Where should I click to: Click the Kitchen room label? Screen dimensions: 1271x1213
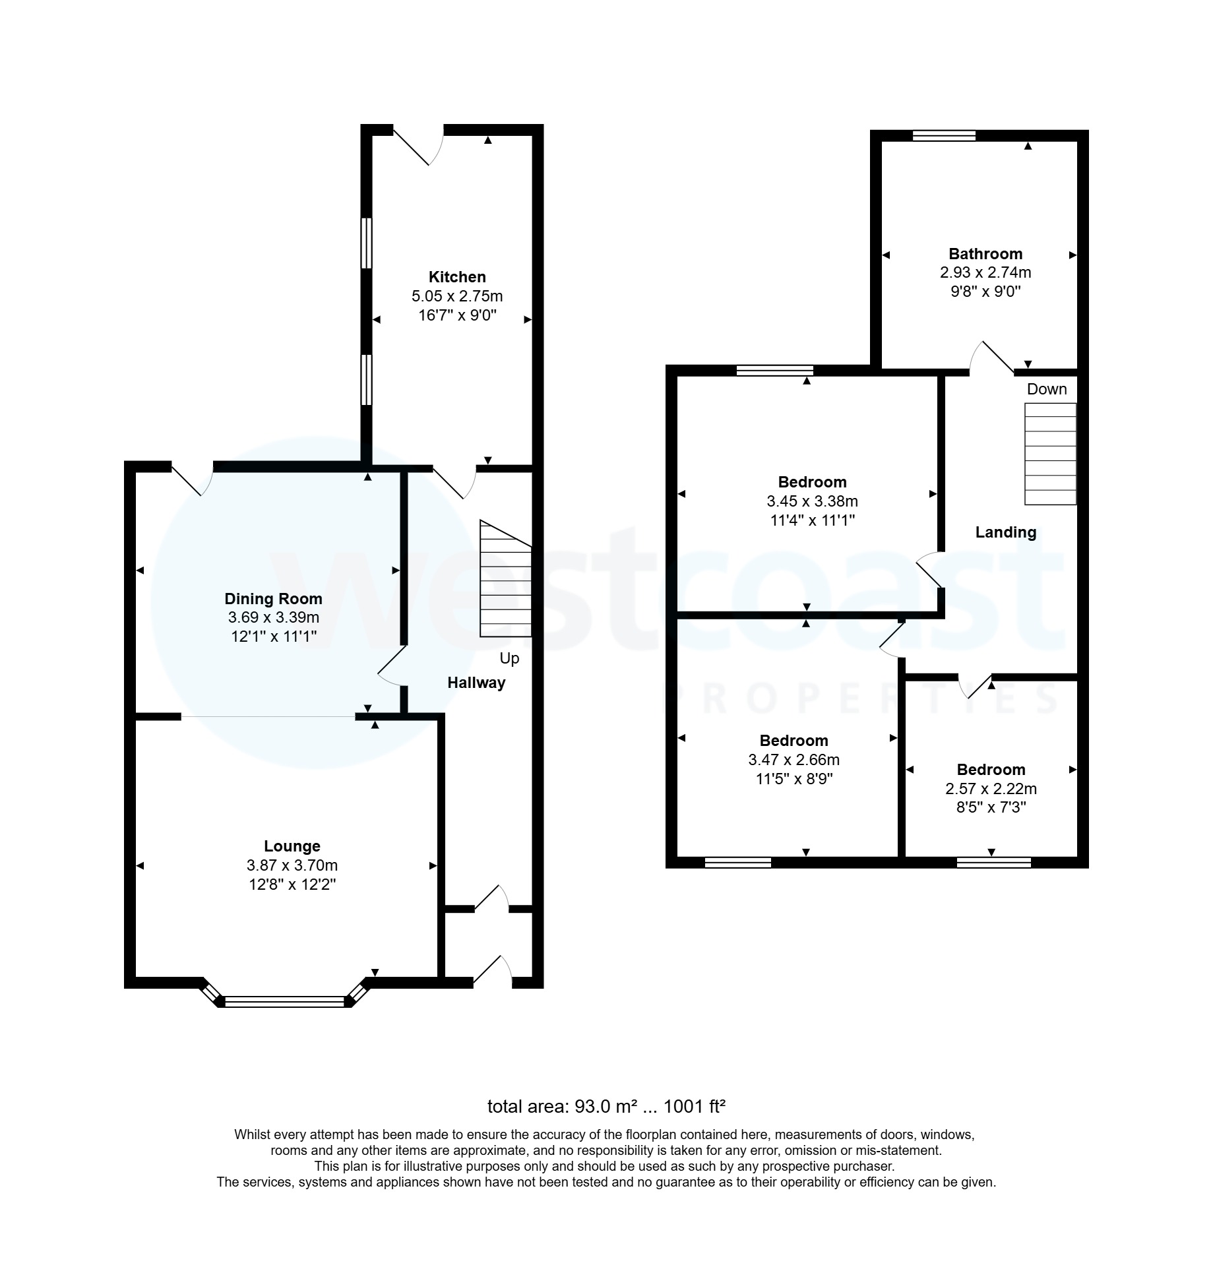[456, 277]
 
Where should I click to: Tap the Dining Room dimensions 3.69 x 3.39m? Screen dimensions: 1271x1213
[273, 617]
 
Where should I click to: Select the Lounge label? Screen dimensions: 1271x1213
[292, 846]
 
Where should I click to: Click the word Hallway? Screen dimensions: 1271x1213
[476, 683]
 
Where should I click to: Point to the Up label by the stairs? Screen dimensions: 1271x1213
[509, 658]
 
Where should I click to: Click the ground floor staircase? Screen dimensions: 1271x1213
[505, 580]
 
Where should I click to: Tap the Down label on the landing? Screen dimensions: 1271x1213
[1046, 389]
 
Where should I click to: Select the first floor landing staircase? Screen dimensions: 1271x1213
[1049, 454]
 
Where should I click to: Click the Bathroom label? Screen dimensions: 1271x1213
[985, 254]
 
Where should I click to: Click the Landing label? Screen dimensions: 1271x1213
[1005, 532]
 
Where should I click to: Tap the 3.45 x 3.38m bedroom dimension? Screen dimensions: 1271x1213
[811, 501]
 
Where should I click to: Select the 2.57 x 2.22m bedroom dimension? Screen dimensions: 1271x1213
[990, 788]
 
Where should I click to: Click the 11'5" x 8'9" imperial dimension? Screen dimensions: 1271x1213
[793, 779]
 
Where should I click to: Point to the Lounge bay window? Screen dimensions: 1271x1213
[284, 1002]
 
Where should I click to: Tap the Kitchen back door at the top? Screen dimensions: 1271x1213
[418, 145]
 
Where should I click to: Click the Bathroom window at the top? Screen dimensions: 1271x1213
[943, 136]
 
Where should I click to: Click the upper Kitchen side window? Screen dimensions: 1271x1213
[367, 243]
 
